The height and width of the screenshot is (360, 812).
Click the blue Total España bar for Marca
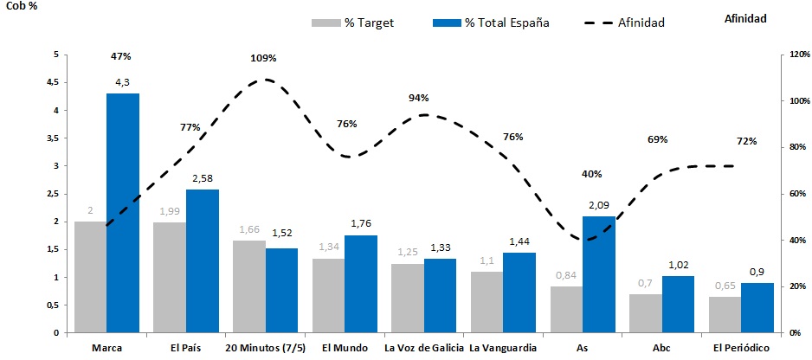point(123,213)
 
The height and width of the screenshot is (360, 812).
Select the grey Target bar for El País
point(170,277)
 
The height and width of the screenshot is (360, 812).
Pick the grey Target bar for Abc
point(646,313)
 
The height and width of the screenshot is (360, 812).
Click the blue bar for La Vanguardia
point(519,292)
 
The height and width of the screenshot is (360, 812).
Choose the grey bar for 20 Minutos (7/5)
point(248,286)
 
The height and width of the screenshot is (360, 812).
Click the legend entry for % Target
point(352,22)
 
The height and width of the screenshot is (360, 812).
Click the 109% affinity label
point(263,58)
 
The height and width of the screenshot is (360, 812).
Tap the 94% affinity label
point(419,98)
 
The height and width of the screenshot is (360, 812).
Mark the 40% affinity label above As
point(592,174)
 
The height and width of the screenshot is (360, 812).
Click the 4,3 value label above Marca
point(123,83)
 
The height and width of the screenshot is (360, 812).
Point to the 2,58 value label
point(202,178)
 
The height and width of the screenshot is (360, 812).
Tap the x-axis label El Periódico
point(740,348)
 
